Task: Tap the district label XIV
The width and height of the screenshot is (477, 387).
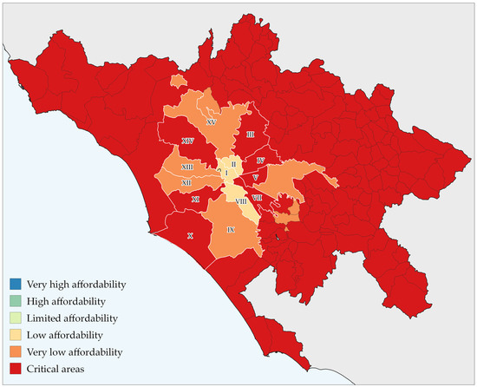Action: pyautogui.click(x=187, y=141)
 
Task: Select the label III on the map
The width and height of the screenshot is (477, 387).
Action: pyautogui.click(x=250, y=134)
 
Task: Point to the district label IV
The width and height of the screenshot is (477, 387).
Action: pyautogui.click(x=260, y=161)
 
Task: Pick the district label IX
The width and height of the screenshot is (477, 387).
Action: pyautogui.click(x=231, y=230)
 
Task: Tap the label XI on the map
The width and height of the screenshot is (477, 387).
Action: pyautogui.click(x=195, y=200)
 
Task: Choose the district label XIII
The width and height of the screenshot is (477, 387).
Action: pyautogui.click(x=186, y=167)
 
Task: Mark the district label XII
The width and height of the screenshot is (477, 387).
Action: pyautogui.click(x=186, y=183)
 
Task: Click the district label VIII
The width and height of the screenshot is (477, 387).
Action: pyautogui.click(x=240, y=200)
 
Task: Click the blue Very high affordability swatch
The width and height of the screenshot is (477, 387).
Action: pyautogui.click(x=16, y=285)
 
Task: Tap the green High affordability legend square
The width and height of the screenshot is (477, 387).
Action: pyautogui.click(x=16, y=301)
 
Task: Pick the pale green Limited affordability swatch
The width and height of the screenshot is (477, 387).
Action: pyautogui.click(x=16, y=318)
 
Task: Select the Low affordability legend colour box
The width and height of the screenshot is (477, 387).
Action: pyautogui.click(x=16, y=335)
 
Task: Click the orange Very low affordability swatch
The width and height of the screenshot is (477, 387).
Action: pyautogui.click(x=16, y=352)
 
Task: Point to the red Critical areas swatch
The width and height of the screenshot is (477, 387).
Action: pyautogui.click(x=16, y=369)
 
